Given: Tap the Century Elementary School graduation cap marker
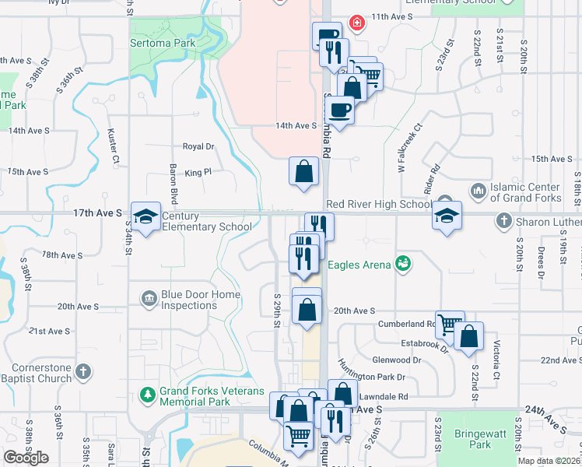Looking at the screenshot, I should [x=145, y=217].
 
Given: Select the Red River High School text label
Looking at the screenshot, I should [x=378, y=205].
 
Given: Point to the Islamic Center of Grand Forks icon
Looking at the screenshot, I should [x=478, y=190].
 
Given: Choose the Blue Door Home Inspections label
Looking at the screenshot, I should [x=189, y=300].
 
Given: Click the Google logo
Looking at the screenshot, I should [x=26, y=458].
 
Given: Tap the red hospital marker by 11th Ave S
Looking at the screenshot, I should [x=357, y=23].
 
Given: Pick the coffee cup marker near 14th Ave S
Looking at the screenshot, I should [x=339, y=110].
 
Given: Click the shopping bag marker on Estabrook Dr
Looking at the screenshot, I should [x=469, y=338].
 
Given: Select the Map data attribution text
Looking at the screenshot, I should [x=549, y=461].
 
